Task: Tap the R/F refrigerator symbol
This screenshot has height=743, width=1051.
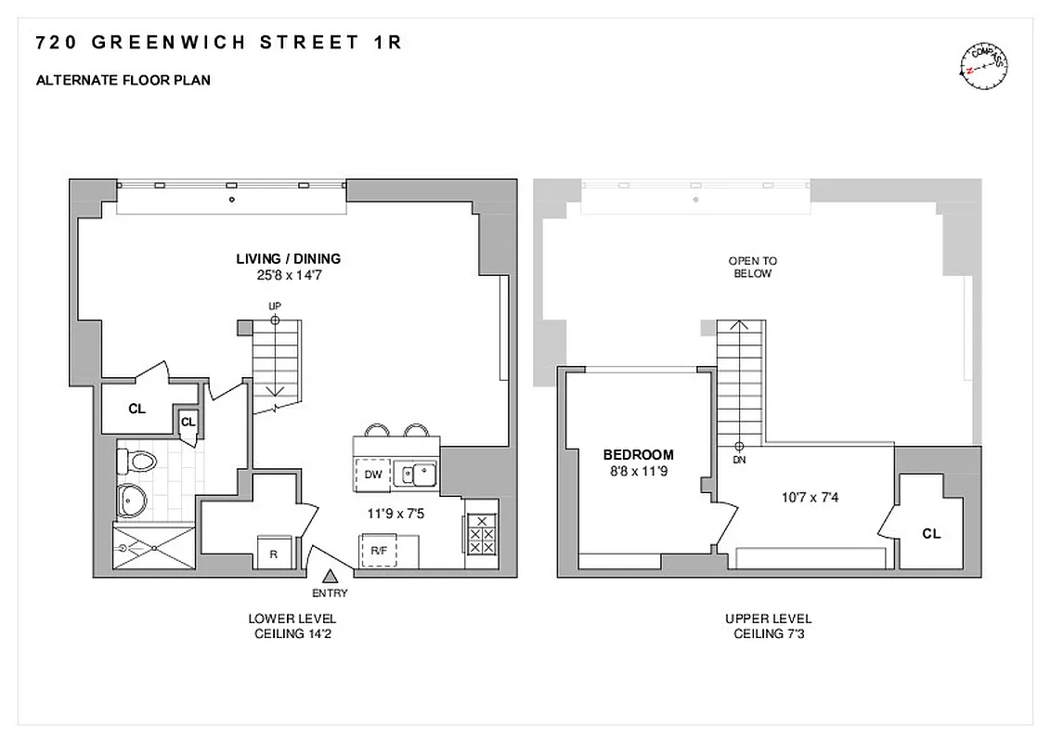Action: [x=379, y=550]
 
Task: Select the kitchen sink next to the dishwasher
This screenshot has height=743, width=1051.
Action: [x=415, y=473]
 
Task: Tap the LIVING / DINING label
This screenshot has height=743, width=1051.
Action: [x=288, y=259]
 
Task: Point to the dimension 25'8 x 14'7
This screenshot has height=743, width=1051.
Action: [x=288, y=276]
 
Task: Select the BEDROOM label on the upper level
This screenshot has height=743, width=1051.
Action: [x=638, y=455]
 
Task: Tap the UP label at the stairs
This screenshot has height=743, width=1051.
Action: [x=275, y=306]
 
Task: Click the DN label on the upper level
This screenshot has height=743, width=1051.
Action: [x=739, y=460]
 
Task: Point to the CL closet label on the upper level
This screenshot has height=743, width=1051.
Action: [x=930, y=534]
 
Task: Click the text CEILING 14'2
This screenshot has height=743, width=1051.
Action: [x=292, y=634]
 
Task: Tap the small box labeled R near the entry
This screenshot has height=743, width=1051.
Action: [x=274, y=554]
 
